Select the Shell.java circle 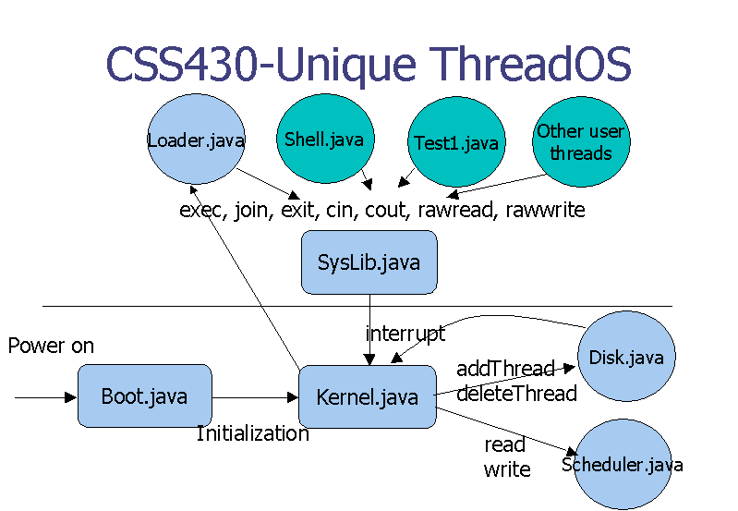pyautogui.click(x=324, y=140)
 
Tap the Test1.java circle pyautogui.click(x=455, y=142)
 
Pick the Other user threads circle pyautogui.click(x=581, y=142)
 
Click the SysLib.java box pyautogui.click(x=369, y=262)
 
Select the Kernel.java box pyautogui.click(x=367, y=397)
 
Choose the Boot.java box pyautogui.click(x=144, y=396)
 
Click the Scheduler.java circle pyautogui.click(x=622, y=464)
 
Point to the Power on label pyautogui.click(x=51, y=347)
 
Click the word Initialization pyautogui.click(x=252, y=433)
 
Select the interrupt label pyautogui.click(x=405, y=333)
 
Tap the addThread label pyautogui.click(x=504, y=369)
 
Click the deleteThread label pyautogui.click(x=516, y=394)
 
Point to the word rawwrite pyautogui.click(x=545, y=210)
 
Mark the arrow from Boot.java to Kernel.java pyautogui.click(x=255, y=398)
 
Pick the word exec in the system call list pyautogui.click(x=200, y=210)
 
